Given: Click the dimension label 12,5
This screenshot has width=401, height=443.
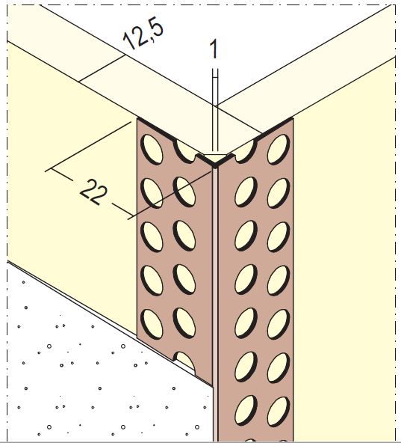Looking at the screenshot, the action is click(x=143, y=35).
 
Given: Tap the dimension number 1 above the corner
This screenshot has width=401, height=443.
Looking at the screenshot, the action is click(x=214, y=49).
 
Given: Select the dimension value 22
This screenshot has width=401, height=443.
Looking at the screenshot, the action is click(x=93, y=192).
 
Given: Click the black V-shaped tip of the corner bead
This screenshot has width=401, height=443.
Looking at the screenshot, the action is click(x=215, y=164).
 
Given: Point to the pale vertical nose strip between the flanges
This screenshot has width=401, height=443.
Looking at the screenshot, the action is click(x=215, y=305).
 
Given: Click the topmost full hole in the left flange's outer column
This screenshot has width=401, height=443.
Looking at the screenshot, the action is click(x=152, y=150).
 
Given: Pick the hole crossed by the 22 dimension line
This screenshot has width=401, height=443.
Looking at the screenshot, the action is click(x=184, y=192).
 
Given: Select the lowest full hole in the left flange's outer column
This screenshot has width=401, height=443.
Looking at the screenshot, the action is click(x=152, y=324).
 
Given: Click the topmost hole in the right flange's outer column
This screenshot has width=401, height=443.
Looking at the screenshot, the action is click(x=279, y=150).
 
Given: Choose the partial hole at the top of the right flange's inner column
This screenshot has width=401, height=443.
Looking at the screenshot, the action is click(x=245, y=153).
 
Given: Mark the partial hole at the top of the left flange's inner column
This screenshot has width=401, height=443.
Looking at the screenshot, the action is click(x=185, y=152).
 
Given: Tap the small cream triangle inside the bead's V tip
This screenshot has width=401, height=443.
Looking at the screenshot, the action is click(x=215, y=158).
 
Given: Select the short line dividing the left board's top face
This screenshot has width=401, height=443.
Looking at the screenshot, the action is click(x=102, y=68).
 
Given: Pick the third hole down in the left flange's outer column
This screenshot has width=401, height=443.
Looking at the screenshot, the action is click(x=152, y=237).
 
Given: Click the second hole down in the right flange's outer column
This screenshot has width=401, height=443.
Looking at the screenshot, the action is click(x=279, y=193).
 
